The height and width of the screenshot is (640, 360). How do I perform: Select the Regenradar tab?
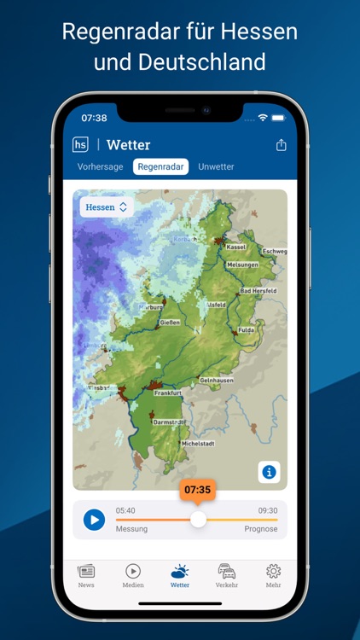[x=160, y=166]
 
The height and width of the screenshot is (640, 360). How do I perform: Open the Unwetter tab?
[x=216, y=166]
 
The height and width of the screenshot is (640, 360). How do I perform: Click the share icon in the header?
[x=282, y=145]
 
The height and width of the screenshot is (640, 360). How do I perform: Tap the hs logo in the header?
[x=81, y=145]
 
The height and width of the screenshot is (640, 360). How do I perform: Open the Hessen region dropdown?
[x=106, y=207]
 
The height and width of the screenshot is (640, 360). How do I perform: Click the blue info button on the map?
[x=270, y=472]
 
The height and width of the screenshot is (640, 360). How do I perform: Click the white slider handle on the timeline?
[x=198, y=519]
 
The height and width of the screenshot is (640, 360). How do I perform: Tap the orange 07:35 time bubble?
[x=197, y=490]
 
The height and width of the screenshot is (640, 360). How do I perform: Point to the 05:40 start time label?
[x=125, y=510]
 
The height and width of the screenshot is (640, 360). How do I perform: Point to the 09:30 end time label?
[x=268, y=510]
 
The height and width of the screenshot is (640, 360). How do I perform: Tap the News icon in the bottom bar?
[x=86, y=576]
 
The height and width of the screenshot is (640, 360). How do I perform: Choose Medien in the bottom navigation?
[x=133, y=576]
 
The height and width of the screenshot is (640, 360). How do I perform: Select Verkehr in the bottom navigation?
[x=226, y=576]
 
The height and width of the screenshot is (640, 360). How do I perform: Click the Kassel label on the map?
[x=236, y=247]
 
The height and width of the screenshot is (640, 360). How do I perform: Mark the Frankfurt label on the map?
[x=168, y=393]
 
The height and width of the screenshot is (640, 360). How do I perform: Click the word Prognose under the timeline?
[x=261, y=529]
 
